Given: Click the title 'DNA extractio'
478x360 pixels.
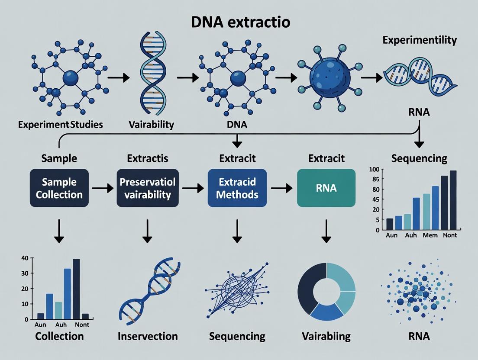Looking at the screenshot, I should click(x=240, y=22).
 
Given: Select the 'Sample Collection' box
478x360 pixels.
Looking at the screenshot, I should click(x=59, y=188).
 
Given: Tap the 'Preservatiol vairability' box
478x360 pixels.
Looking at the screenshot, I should click(x=147, y=188).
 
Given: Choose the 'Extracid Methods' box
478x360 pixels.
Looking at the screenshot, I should click(x=237, y=188).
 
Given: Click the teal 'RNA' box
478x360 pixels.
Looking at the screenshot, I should click(x=326, y=188).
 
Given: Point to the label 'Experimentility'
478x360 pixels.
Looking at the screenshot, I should click(x=420, y=40).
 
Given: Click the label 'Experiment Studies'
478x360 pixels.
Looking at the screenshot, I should click(x=61, y=125).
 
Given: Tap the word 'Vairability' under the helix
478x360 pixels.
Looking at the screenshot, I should click(x=151, y=125).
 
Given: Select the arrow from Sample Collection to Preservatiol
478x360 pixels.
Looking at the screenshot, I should click(x=102, y=188).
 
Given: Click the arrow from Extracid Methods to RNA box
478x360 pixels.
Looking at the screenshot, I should click(x=281, y=188).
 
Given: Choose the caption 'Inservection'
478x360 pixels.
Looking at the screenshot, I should click(x=148, y=336).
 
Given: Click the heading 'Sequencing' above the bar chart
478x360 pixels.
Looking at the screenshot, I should click(x=419, y=158).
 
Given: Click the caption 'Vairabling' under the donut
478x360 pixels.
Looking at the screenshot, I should click(x=326, y=336).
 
